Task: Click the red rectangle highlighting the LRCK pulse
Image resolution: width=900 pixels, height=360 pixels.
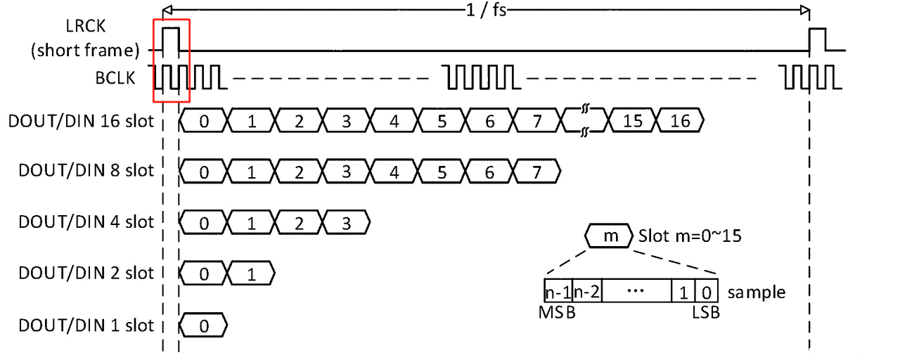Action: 172,61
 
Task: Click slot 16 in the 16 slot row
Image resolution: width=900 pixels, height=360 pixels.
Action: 681,121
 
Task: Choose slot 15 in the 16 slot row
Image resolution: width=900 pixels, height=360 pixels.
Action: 633,121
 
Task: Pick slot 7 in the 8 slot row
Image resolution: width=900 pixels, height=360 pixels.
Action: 538,171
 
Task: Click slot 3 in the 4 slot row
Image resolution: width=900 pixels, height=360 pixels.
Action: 347,222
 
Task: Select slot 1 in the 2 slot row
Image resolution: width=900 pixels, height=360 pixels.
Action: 251,274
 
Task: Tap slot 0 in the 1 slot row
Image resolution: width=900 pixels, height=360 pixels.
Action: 204,326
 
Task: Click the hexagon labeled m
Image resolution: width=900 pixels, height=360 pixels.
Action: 610,236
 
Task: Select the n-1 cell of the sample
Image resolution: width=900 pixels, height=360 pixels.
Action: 558,291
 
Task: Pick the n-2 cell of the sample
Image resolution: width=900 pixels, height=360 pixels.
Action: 587,291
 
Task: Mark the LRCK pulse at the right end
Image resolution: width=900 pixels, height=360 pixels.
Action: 818,39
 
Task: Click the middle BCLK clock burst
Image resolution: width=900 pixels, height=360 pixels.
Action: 481,77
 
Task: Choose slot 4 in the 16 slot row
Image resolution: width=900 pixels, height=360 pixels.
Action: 394,121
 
